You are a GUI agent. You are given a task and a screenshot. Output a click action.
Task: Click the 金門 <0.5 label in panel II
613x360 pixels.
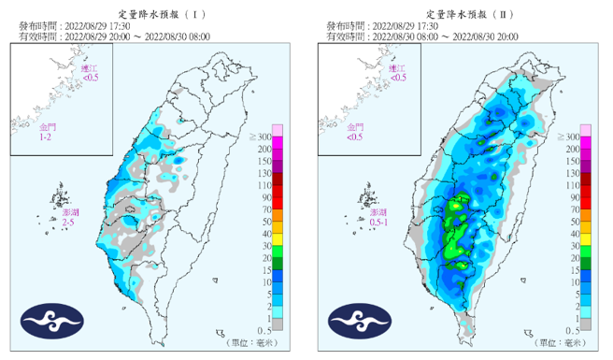[354, 132]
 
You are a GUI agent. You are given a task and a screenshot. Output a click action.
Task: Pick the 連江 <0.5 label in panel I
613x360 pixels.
[89, 74]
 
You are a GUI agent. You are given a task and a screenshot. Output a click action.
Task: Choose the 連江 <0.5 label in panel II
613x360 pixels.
[397, 74]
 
